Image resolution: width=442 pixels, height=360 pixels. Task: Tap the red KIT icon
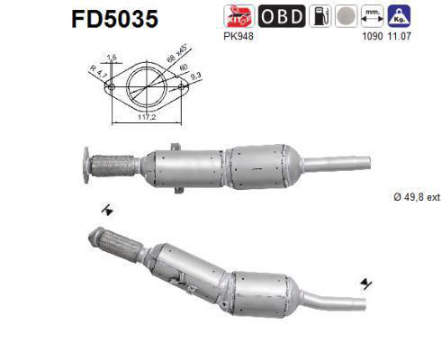[237, 15]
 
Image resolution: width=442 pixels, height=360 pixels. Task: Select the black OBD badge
[282, 15]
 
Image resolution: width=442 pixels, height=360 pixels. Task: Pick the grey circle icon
[345, 15]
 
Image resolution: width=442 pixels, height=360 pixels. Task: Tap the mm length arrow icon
[373, 15]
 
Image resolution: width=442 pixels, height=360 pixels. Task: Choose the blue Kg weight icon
[400, 15]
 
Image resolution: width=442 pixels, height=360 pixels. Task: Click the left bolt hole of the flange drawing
[112, 88]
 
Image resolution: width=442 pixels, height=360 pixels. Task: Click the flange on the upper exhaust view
[86, 165]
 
